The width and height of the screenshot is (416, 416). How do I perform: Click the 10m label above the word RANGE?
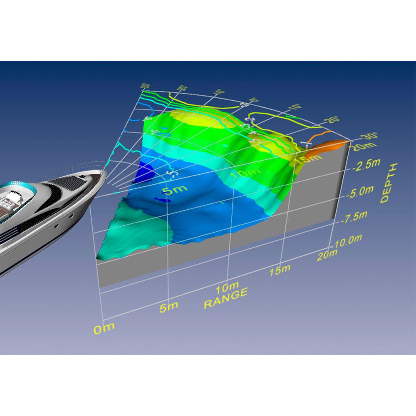(228, 287)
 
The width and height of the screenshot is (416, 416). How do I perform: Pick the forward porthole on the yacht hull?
(72, 216)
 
